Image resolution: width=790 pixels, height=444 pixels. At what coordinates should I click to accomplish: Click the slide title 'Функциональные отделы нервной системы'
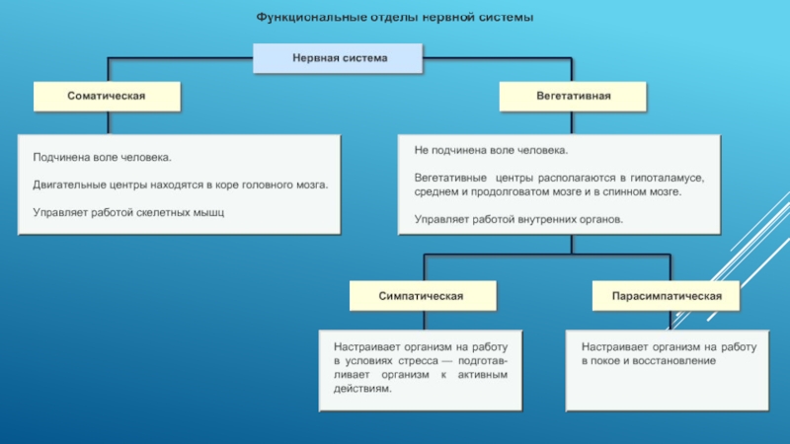tap(395, 18)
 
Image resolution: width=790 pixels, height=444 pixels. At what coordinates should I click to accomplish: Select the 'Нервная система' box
tap(339, 59)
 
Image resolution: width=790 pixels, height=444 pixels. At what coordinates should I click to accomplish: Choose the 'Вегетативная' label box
tap(574, 96)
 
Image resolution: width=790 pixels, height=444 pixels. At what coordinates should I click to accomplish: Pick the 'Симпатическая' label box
tap(422, 295)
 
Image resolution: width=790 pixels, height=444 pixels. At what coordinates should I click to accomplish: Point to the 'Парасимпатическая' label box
tap(667, 295)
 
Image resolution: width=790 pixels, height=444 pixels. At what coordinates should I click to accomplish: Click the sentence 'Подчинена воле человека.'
tap(102, 157)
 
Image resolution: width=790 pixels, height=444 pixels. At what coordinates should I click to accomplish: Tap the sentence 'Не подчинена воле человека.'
tap(491, 151)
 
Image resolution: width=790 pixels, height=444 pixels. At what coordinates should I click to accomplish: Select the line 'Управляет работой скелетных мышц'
tap(129, 211)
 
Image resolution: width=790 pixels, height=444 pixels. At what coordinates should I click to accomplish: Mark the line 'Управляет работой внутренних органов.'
tap(518, 218)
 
